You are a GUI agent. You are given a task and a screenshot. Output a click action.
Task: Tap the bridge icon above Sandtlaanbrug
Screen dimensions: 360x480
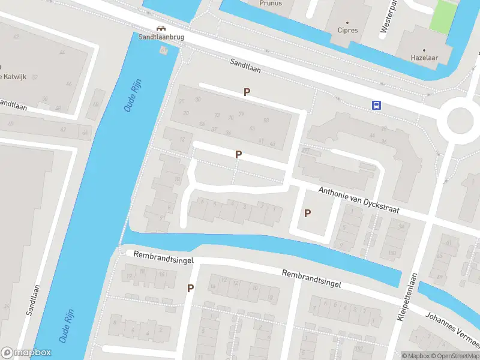(160, 28)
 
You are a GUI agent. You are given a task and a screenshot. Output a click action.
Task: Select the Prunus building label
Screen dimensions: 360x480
(271, 4)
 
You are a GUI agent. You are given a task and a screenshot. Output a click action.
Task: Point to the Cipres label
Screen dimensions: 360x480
(348, 30)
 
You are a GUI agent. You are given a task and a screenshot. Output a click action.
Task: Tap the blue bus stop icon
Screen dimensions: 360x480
(376, 105)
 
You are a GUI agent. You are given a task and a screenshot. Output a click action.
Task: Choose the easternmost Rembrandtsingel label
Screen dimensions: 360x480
(311, 279)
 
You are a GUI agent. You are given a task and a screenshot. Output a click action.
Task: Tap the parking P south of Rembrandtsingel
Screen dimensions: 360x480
(190, 288)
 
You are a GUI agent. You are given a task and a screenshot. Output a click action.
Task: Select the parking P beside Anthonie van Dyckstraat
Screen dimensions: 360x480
(308, 213)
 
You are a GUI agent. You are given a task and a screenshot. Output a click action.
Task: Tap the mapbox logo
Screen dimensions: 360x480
(26, 353)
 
